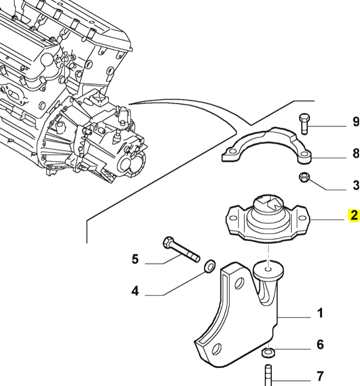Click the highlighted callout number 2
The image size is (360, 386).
[353, 216]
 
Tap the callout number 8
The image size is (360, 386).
[355, 153]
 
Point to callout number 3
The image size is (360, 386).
[355, 185]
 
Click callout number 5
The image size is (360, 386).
[135, 259]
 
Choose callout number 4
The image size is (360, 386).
[135, 291]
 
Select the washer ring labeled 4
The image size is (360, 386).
[210, 265]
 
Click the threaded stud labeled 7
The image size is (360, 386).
[268, 376]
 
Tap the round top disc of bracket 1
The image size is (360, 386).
[268, 269]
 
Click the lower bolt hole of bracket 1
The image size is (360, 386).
[216, 349]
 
